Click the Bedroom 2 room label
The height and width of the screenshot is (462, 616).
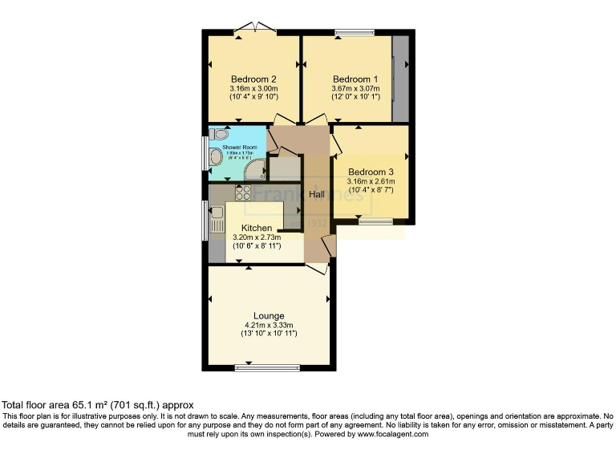(x=253, y=79)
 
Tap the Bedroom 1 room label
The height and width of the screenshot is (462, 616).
(x=355, y=79)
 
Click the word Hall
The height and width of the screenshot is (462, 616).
(x=317, y=195)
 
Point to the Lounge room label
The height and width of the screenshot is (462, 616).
(x=269, y=315)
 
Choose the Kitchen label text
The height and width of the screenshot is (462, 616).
(x=251, y=228)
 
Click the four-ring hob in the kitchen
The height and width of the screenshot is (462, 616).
(x=243, y=192)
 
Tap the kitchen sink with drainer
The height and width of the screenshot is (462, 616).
(x=217, y=219)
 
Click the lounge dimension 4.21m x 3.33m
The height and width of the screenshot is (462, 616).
(x=270, y=325)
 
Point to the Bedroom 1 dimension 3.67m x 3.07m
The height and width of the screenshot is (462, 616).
(x=355, y=89)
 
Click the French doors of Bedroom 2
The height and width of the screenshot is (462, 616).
(x=255, y=30)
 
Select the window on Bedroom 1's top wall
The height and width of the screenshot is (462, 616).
(x=355, y=32)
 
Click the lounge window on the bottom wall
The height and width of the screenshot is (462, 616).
(x=268, y=368)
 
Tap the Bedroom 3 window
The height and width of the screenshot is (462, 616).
(x=371, y=221)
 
